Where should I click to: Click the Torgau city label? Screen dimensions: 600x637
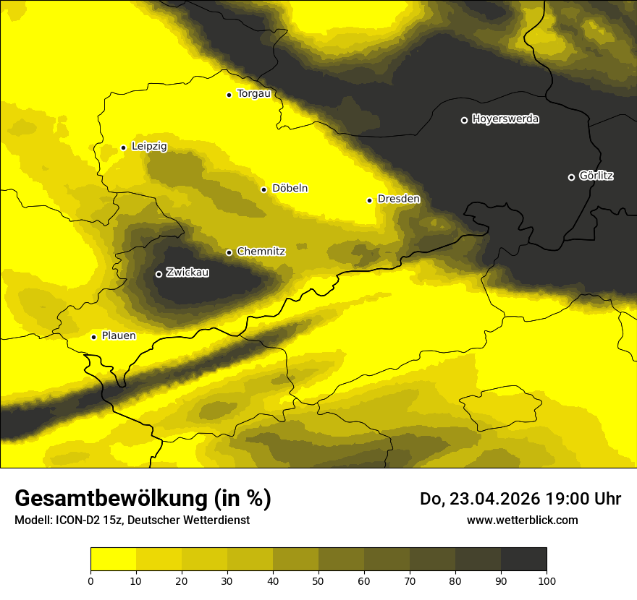(x=253, y=94)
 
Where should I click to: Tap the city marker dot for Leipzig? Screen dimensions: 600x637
(x=123, y=147)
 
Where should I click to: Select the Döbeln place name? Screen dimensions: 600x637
(x=290, y=189)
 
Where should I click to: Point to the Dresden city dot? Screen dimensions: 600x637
(x=369, y=200)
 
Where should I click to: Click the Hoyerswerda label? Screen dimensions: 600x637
(x=505, y=119)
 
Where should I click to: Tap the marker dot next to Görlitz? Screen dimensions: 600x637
(x=571, y=177)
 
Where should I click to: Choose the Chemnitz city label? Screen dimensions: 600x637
(x=261, y=252)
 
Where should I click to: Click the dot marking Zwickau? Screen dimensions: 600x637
(x=159, y=274)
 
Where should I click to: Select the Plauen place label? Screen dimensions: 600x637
(x=119, y=336)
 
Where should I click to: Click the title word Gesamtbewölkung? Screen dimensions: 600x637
(x=112, y=499)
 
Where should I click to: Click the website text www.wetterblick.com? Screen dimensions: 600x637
(x=522, y=520)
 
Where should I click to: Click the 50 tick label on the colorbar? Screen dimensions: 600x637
(x=318, y=580)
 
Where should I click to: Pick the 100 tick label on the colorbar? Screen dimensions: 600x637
(x=547, y=580)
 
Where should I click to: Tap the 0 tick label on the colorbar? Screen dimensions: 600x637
(x=90, y=580)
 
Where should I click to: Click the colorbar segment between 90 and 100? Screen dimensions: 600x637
(x=523, y=559)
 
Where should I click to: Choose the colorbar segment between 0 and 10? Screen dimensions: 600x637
(x=113, y=559)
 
